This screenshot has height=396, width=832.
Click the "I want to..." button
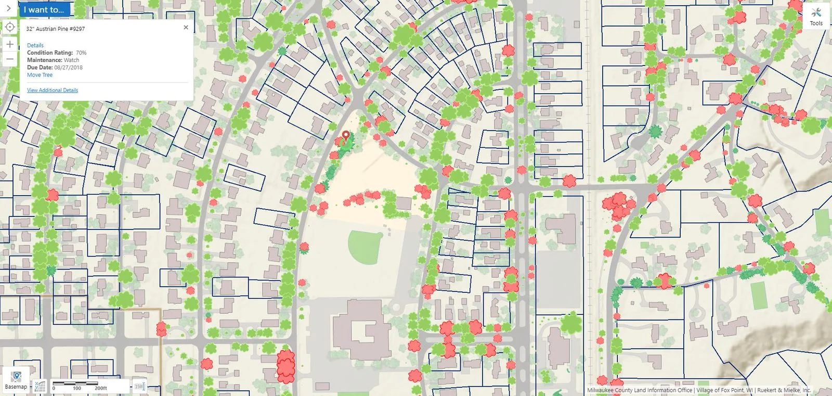pyautogui.click(x=44, y=9)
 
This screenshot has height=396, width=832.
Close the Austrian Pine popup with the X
pyautogui.click(x=186, y=28)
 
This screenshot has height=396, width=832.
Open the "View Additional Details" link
pyautogui.click(x=53, y=91)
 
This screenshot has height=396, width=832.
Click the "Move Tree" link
pyautogui.click(x=40, y=75)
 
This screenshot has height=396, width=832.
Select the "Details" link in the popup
pyautogui.click(x=35, y=45)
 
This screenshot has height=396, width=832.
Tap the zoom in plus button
pyautogui.click(x=10, y=44)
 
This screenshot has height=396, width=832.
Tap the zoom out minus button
pyautogui.click(x=10, y=59)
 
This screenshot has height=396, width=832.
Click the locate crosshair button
pyautogui.click(x=10, y=27)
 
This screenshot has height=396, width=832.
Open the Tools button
pyautogui.click(x=816, y=17)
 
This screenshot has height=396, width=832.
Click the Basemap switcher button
pyautogui.click(x=16, y=379)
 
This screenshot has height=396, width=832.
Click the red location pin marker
pyautogui.click(x=346, y=137)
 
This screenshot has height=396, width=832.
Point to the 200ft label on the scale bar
pyautogui.click(x=101, y=388)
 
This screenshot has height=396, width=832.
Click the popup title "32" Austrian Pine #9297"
pyautogui.click(x=56, y=29)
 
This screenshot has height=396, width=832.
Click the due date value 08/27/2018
pyautogui.click(x=68, y=68)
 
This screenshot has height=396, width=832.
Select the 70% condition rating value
pyautogui.click(x=81, y=53)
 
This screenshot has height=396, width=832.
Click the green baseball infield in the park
pyautogui.click(x=366, y=246)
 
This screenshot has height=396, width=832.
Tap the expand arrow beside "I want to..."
pyautogui.click(x=8, y=8)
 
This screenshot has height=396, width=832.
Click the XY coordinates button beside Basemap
pyautogui.click(x=40, y=386)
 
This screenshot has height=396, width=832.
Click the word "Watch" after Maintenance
pyautogui.click(x=72, y=60)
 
